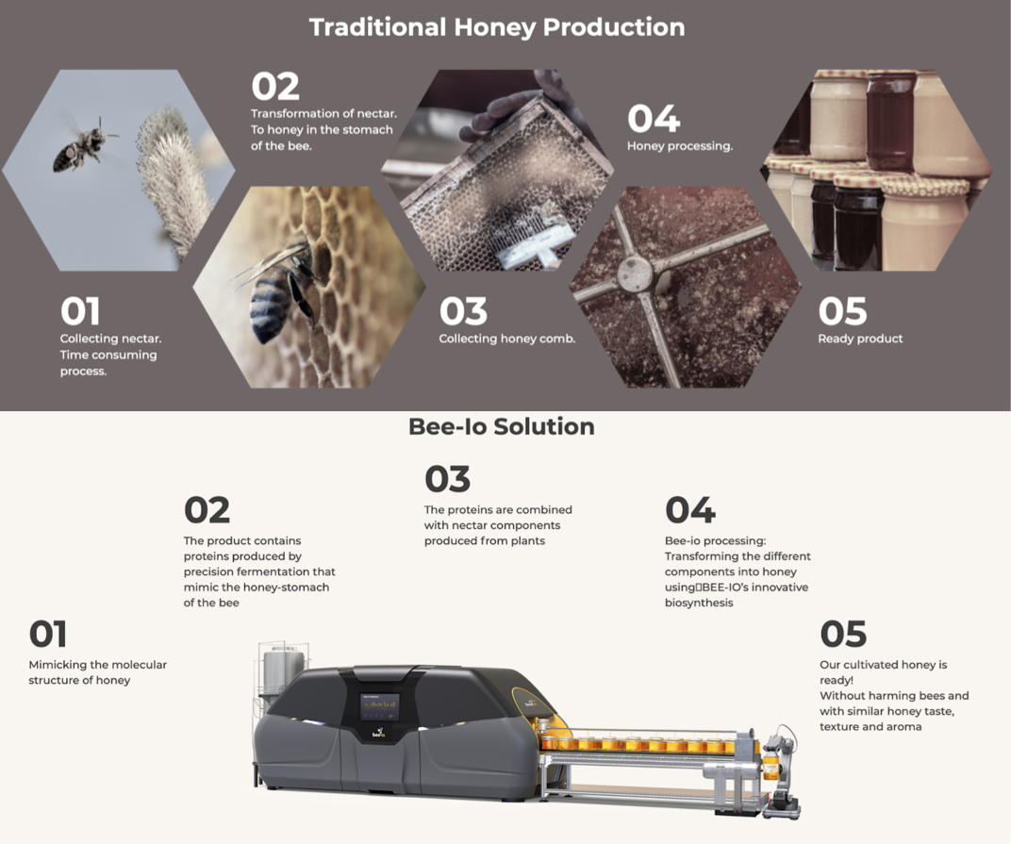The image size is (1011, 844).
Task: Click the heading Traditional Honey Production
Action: click(x=496, y=27)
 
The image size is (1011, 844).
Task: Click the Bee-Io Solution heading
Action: click(x=502, y=426)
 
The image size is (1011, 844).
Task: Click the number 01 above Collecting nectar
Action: click(x=80, y=311)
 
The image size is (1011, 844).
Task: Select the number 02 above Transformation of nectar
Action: click(x=275, y=87)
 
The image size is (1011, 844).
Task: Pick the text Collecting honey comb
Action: click(x=506, y=339)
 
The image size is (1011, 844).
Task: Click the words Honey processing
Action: click(x=680, y=146)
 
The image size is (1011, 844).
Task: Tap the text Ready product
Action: click(x=860, y=339)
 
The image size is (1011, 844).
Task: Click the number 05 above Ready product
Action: click(x=842, y=311)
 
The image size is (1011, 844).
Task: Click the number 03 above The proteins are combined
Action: click(x=447, y=479)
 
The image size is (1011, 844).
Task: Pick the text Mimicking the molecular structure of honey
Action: click(x=97, y=671)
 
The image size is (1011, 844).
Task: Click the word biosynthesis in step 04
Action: click(x=699, y=603)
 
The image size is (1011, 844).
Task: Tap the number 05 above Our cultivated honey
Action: click(x=843, y=634)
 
